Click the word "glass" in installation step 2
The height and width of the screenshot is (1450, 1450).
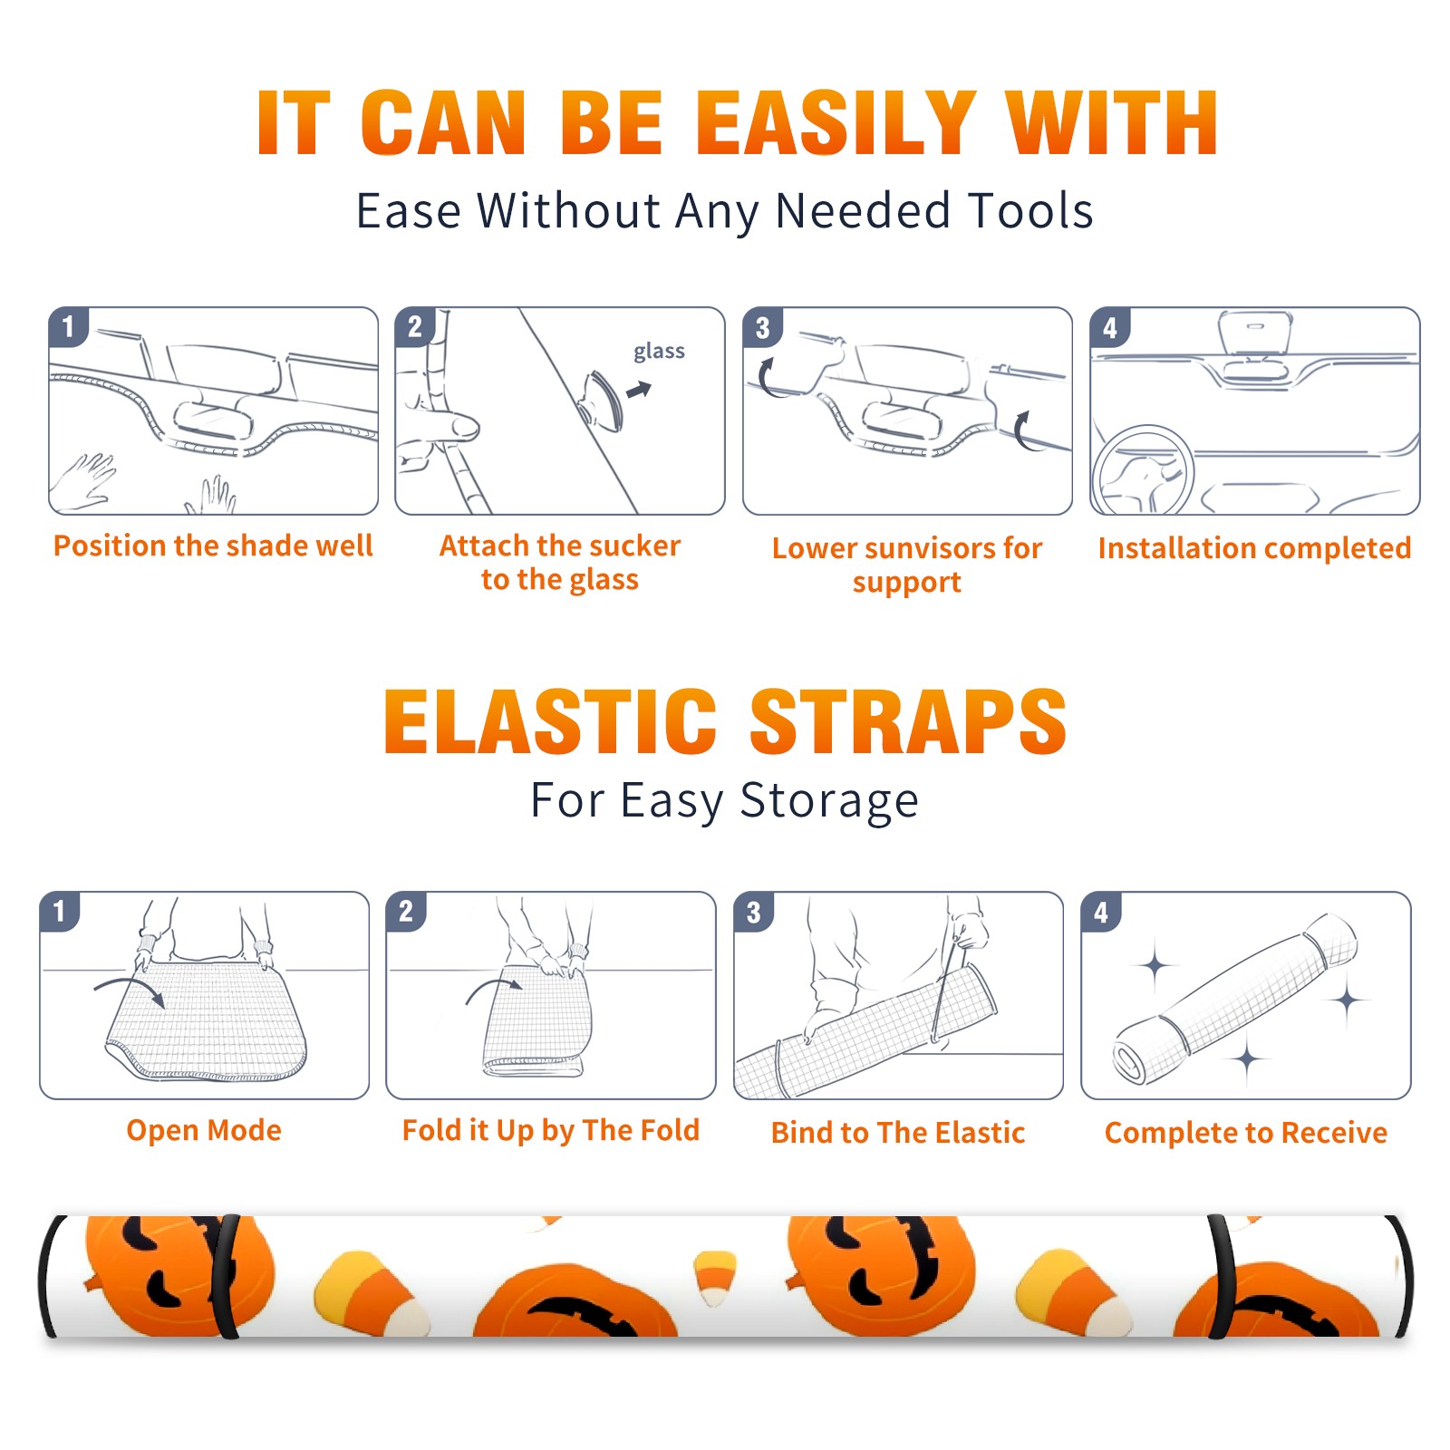click(x=659, y=352)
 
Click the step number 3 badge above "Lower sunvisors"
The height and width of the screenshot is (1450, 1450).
click(x=761, y=327)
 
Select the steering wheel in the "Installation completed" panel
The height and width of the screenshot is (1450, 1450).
click(x=1143, y=471)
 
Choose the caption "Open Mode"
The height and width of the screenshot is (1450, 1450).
click(x=204, y=1130)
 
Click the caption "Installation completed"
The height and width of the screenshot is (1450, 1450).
click(x=1254, y=547)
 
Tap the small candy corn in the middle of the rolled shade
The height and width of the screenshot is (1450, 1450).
click(x=715, y=1277)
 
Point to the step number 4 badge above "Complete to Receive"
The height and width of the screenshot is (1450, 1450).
click(x=1100, y=912)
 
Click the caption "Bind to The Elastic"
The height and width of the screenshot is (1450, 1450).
click(x=898, y=1133)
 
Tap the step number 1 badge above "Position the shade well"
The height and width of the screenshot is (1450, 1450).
click(x=68, y=326)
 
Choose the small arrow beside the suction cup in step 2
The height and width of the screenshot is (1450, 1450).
click(x=639, y=391)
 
